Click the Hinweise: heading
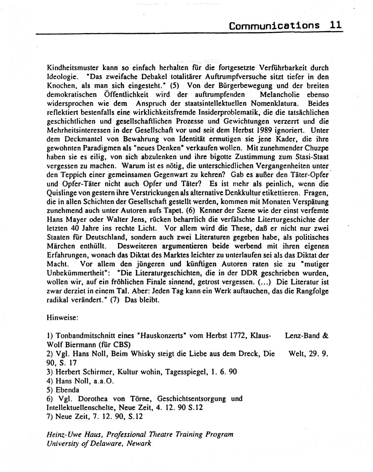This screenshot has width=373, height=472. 62,317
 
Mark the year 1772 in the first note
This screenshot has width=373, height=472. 236,336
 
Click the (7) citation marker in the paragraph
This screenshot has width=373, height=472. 114,300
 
